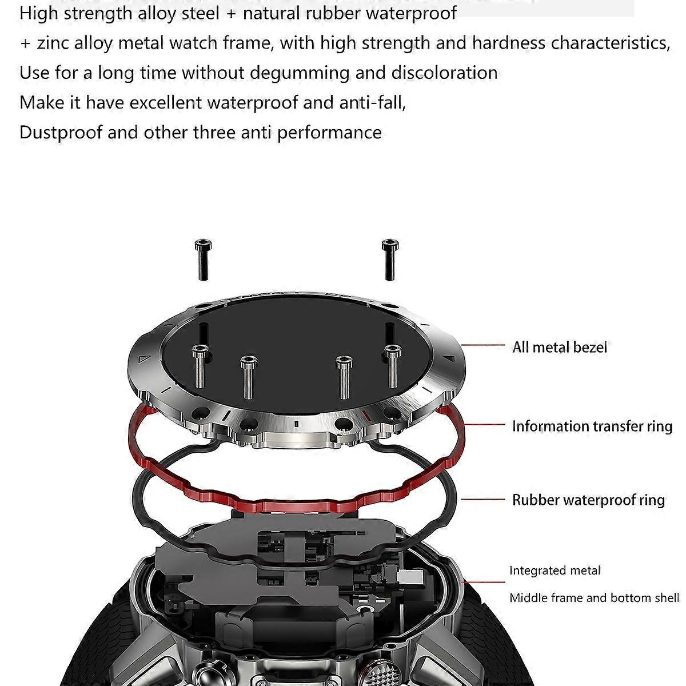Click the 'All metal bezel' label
coord(559,348)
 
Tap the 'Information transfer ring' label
coord(592,426)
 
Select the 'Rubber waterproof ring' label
coord(588,500)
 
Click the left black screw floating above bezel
coord(203,260)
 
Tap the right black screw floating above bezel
coord(390,260)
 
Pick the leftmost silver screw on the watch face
coord(201,366)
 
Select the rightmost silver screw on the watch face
coord(393,366)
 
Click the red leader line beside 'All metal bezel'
coord(482,345)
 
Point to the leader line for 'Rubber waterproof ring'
coord(483,499)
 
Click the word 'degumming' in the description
coord(300,73)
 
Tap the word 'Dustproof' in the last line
coord(61,133)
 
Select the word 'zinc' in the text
coord(53,43)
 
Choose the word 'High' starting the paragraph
coord(38,14)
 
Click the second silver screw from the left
coord(248,377)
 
